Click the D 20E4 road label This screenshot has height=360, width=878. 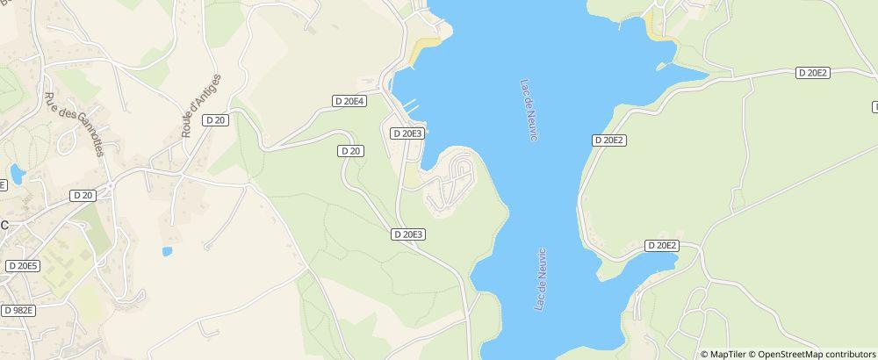pyautogui.click(x=349, y=101)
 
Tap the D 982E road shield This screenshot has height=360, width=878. pyautogui.click(x=18, y=310)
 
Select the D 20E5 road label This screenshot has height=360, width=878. pyautogui.click(x=23, y=265)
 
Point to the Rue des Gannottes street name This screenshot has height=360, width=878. pyautogui.click(x=74, y=124)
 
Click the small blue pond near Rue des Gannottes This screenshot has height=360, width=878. pyautogui.click(x=18, y=170)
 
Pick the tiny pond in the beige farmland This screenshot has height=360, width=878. pyautogui.click(x=167, y=252)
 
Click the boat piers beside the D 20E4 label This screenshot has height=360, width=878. pyautogui.click(x=410, y=106)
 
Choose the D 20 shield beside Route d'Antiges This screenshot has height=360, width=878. pyautogui.click(x=215, y=119)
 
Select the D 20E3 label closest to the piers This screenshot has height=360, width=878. pyautogui.click(x=407, y=133)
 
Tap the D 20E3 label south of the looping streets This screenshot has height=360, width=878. pyautogui.click(x=407, y=234)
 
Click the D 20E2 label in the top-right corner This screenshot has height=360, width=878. pyautogui.click(x=812, y=73)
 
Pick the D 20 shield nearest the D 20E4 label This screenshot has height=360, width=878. pyautogui.click(x=350, y=151)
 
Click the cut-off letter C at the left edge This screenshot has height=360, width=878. pyautogui.click(x=4, y=225)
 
